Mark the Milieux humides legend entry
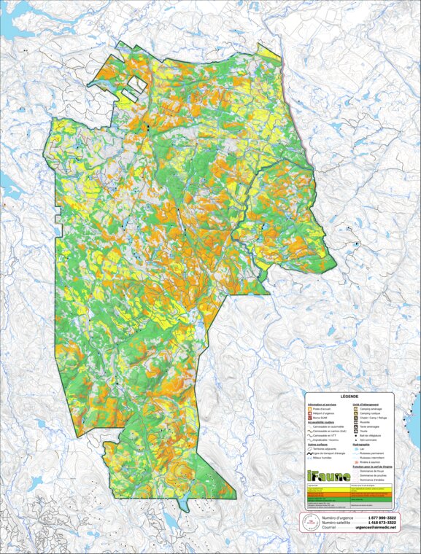point(323,457)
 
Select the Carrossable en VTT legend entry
point(323,435)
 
